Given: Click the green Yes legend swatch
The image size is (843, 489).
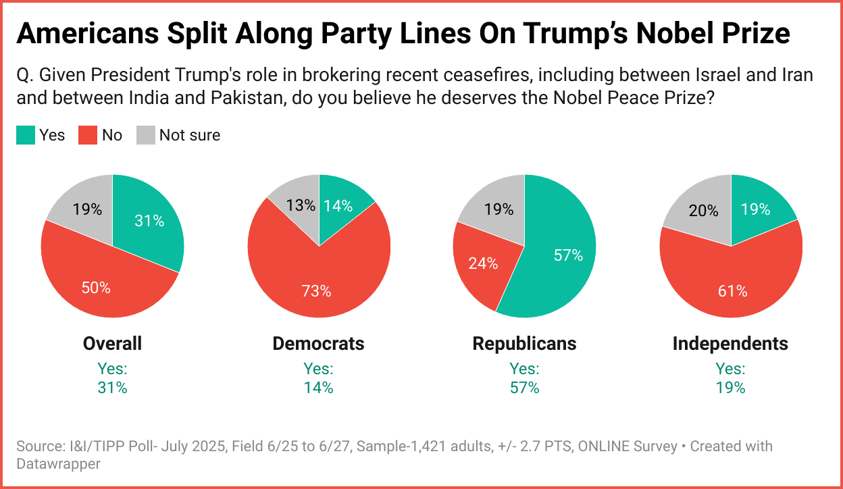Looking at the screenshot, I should click(25, 135).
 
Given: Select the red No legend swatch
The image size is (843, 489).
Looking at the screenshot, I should click(88, 135).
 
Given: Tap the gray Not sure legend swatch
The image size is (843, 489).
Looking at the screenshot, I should click(146, 135).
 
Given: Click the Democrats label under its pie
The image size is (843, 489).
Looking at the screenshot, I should click(318, 343).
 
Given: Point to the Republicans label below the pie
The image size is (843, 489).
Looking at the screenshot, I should click(524, 343).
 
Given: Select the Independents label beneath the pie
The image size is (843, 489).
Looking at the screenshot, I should click(730, 343).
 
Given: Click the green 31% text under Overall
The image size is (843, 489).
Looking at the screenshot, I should click(112, 388).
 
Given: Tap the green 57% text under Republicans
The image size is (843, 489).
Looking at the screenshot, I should click(524, 388).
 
